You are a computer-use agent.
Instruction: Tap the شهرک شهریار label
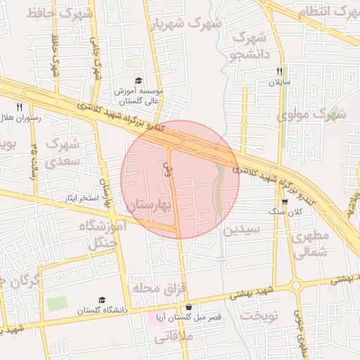(185, 24)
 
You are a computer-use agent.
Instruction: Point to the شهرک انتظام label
(325, 12)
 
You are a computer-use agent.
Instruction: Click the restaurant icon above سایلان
(280, 71)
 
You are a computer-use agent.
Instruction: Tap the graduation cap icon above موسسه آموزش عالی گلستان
(139, 81)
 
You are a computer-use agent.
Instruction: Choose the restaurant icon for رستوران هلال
(20, 107)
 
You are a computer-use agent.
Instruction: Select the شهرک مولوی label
(311, 114)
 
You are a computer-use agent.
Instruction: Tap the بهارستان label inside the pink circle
(151, 205)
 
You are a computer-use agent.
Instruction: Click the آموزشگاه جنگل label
(105, 235)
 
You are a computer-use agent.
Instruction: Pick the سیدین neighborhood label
(242, 229)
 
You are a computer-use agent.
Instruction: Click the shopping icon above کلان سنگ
(284, 201)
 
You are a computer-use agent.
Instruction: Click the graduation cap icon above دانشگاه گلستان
(103, 300)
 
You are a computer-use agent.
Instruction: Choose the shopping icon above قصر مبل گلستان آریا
(188, 307)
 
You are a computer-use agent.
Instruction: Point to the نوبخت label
(259, 316)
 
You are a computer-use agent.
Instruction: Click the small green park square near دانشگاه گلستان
(58, 304)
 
